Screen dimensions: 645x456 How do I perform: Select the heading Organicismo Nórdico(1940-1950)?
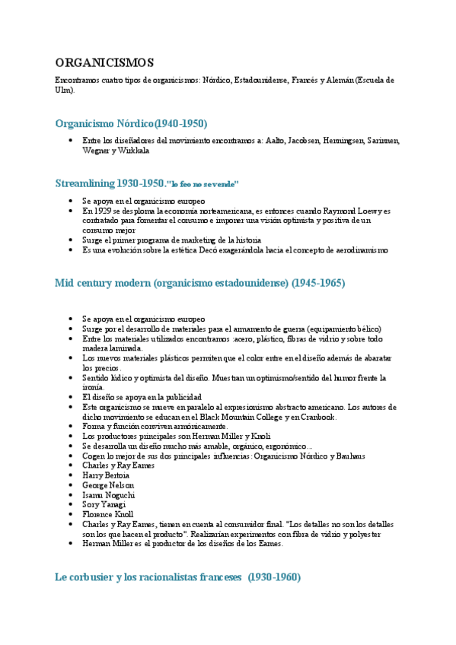pos(131,123)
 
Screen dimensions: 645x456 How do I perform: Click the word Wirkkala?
pos(133,151)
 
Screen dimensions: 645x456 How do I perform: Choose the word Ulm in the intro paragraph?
pos(64,89)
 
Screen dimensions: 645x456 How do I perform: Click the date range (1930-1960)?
pos(274,577)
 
